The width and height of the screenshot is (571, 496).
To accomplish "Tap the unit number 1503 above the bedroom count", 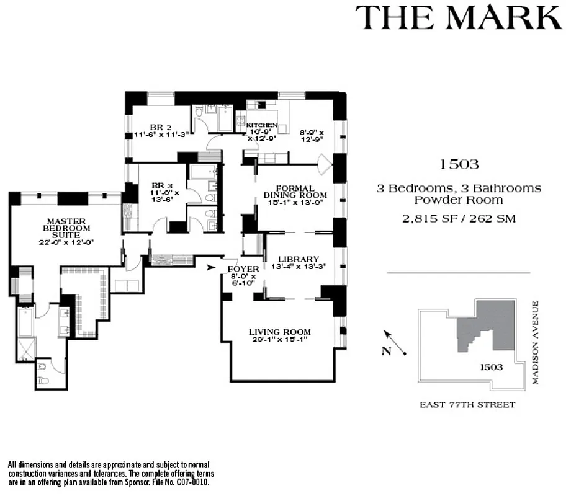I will click(x=459, y=164).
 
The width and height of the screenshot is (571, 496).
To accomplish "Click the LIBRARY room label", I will click(x=298, y=259).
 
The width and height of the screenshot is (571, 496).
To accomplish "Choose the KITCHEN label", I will click(x=262, y=125).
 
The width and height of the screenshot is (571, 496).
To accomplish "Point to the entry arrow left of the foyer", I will click(x=212, y=268).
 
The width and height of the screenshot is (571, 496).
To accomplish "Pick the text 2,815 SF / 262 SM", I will click(x=459, y=218).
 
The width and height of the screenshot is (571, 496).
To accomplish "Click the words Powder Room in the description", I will click(x=459, y=200).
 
